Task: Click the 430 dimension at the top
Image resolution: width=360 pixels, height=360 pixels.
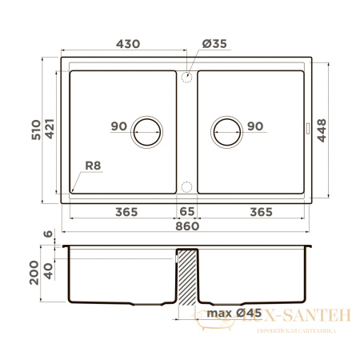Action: [124, 44]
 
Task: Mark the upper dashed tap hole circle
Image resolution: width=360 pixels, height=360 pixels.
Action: [186, 77]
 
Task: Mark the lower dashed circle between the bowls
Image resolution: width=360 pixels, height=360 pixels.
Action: [186, 187]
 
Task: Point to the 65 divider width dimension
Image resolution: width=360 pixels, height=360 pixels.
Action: [186, 211]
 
